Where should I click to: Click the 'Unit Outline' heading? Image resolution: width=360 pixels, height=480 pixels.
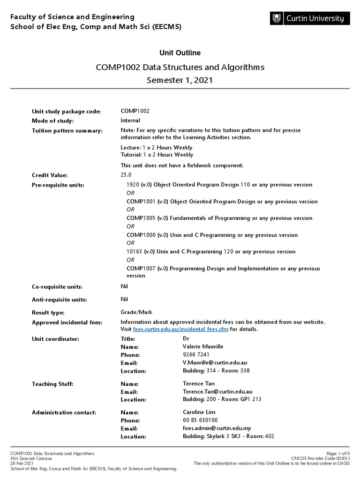180,53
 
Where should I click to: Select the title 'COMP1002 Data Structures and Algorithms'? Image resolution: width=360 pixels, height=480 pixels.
180,67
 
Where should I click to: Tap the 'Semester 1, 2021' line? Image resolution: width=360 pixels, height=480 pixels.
180,80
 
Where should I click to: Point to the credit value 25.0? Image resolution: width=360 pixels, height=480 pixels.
127,174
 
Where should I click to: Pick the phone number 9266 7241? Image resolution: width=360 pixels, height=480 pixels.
196,355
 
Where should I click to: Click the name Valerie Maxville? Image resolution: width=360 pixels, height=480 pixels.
203,346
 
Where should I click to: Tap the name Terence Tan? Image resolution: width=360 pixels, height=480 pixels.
199,383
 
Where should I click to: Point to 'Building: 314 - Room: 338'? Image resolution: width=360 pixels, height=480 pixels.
216,371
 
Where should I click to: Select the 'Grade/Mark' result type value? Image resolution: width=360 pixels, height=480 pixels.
136,312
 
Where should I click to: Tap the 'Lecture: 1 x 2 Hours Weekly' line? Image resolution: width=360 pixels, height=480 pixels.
157,148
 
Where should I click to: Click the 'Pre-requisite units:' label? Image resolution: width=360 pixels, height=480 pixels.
58,185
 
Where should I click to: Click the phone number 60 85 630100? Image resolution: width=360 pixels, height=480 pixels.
200,420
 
